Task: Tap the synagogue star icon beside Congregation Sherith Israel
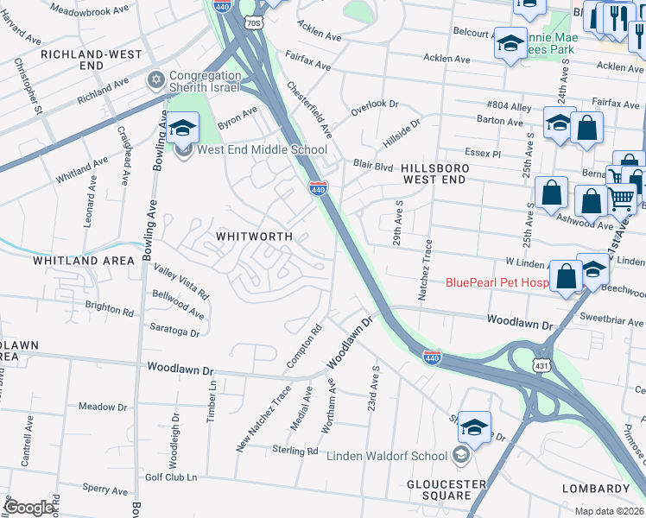point(156,80)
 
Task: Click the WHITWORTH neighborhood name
point(254,236)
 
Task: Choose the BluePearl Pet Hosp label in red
point(497,282)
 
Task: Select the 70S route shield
point(253,22)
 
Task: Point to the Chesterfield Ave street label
point(309,110)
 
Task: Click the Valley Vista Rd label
point(181,282)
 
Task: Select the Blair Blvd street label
point(373,165)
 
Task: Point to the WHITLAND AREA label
point(84,260)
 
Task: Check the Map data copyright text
point(610,511)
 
